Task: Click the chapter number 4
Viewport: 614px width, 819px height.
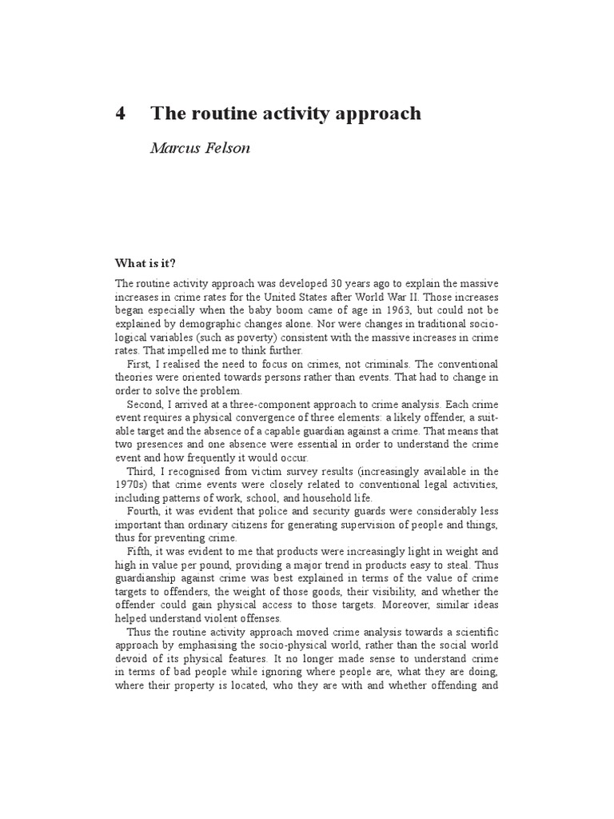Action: pos(121,114)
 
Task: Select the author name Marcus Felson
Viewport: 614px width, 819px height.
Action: pos(201,149)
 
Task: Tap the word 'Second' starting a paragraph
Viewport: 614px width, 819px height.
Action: pos(145,406)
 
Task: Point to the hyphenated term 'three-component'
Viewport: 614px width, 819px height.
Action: pos(261,406)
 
